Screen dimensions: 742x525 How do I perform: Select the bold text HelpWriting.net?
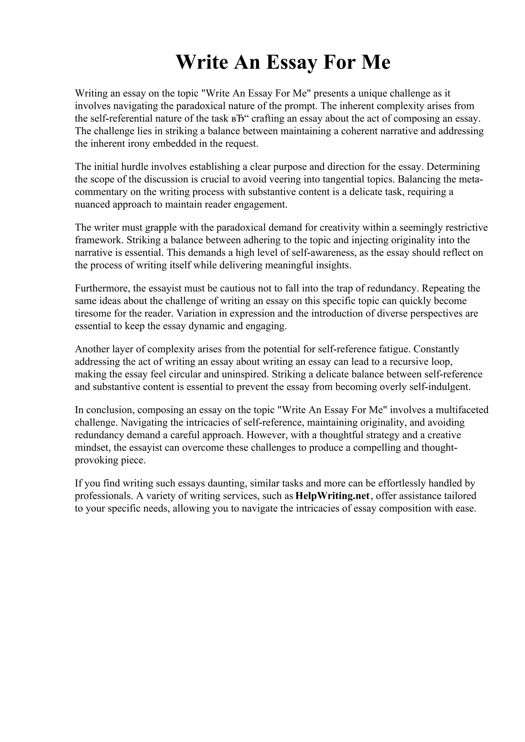click(x=332, y=496)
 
